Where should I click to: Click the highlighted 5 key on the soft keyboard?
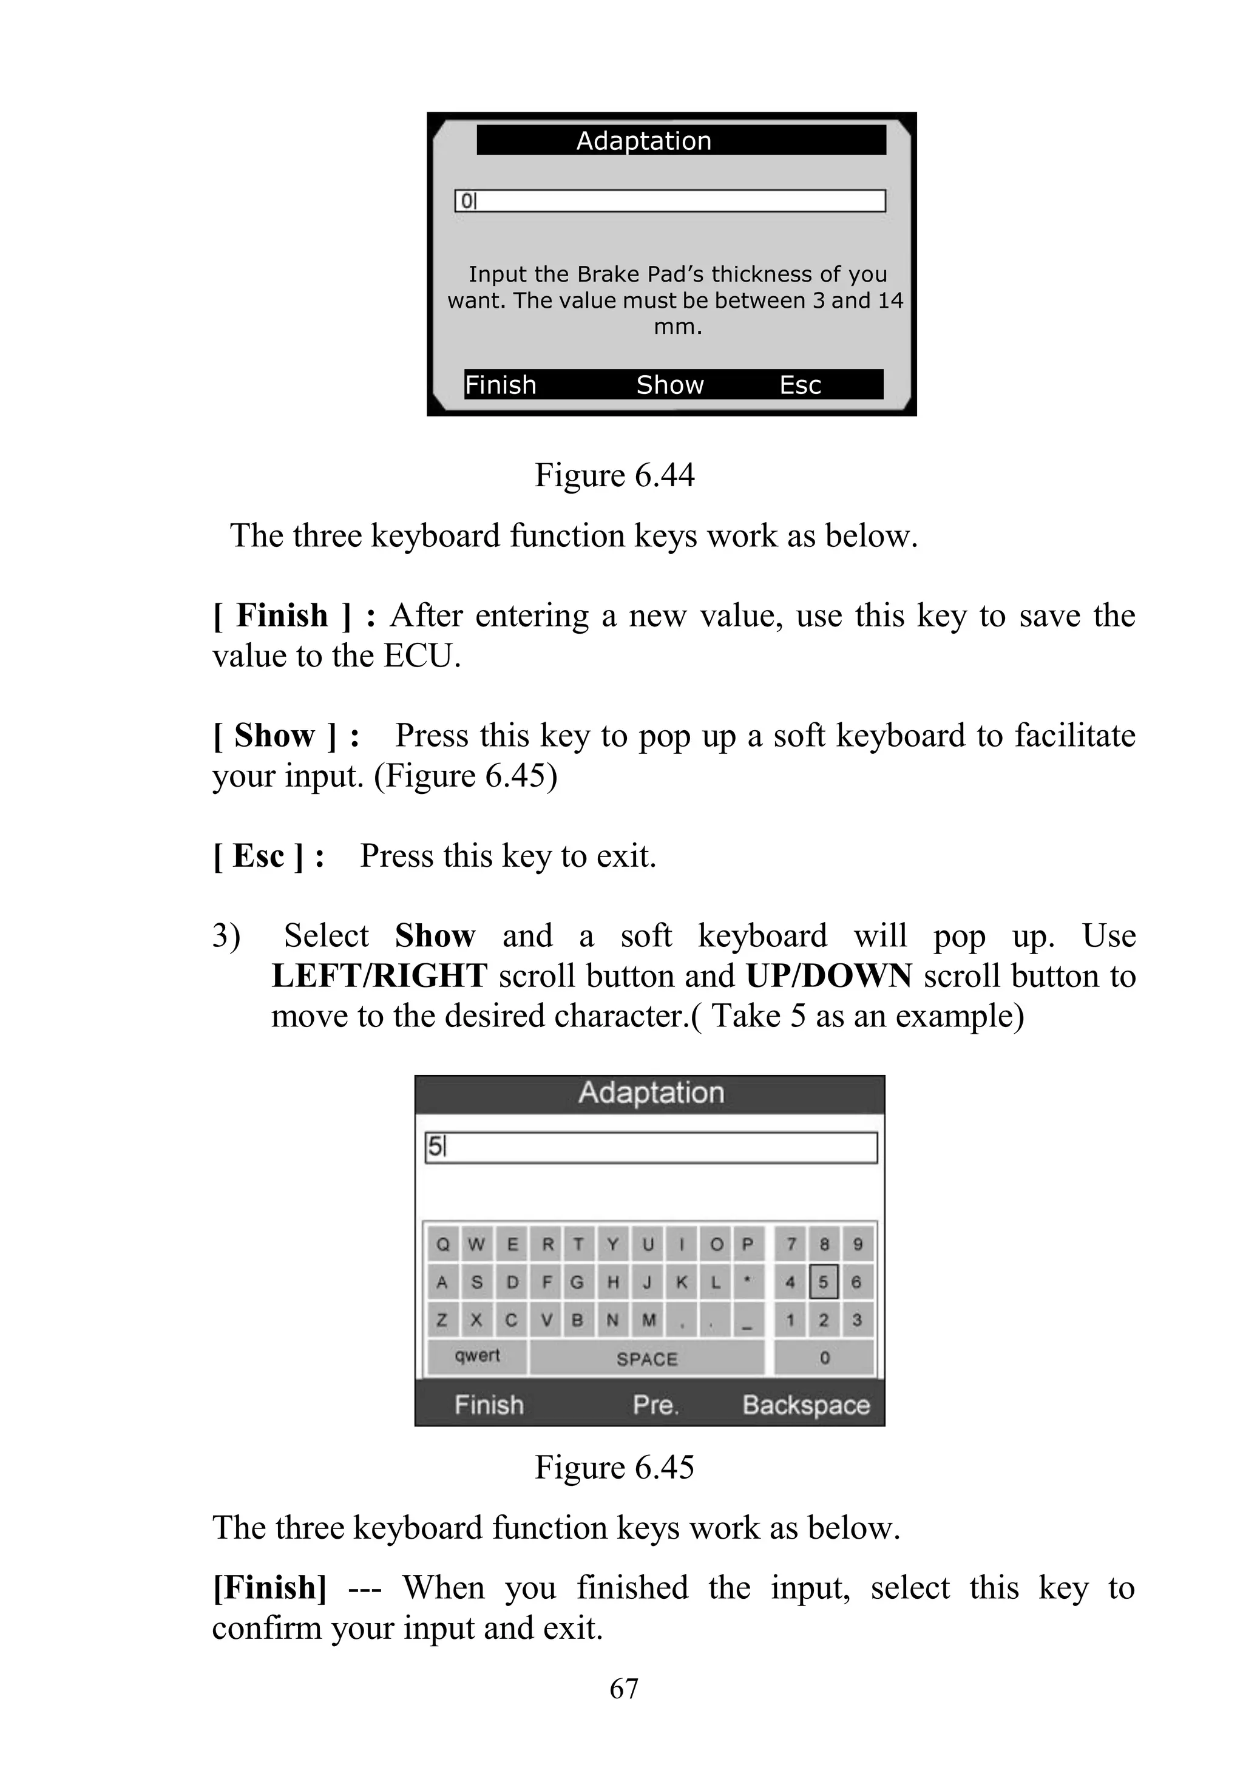[x=823, y=1282]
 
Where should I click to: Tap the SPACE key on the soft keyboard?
[x=646, y=1359]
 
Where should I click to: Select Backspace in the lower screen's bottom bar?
[x=805, y=1405]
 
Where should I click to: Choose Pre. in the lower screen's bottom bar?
[x=655, y=1405]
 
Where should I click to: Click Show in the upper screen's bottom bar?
[x=670, y=385]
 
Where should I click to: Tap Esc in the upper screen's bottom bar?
[x=800, y=385]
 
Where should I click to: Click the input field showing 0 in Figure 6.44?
[x=670, y=201]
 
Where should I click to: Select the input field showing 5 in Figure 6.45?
[x=651, y=1147]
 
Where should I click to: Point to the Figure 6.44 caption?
[x=614, y=475]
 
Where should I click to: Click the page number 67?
[x=624, y=1689]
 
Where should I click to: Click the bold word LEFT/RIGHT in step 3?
[x=379, y=976]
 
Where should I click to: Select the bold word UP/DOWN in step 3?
[x=828, y=976]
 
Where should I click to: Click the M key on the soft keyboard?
[x=648, y=1320]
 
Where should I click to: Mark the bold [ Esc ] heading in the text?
[x=268, y=856]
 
